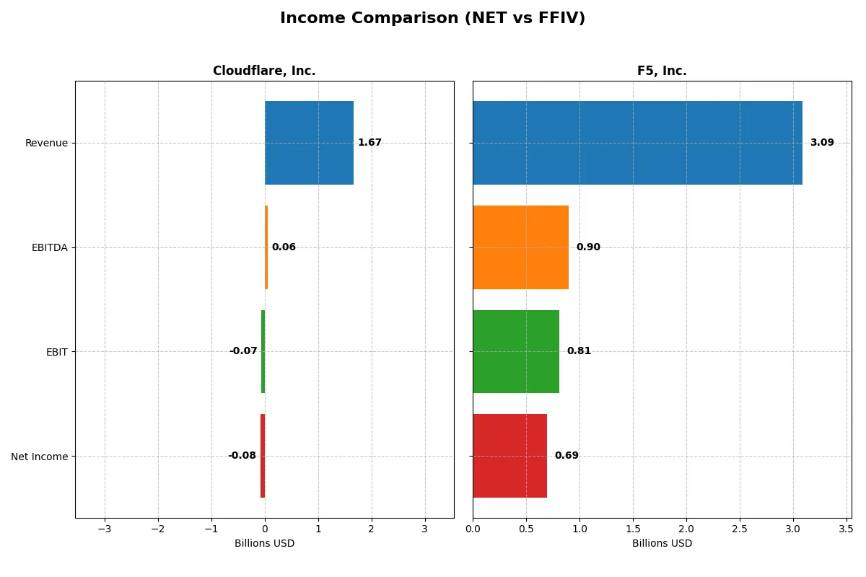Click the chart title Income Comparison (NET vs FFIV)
[432, 19]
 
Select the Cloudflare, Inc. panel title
[264, 71]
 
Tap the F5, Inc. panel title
[662, 71]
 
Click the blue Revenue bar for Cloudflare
[309, 143]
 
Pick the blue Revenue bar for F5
[637, 143]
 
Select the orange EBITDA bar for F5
[520, 247]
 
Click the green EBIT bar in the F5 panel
[516, 351]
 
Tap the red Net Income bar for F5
[509, 456]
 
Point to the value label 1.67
[369, 143]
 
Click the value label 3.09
[821, 143]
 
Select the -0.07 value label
[243, 351]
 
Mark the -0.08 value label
[242, 456]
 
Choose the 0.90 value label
[587, 247]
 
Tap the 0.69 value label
[567, 456]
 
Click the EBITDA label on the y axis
[50, 247]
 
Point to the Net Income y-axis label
[40, 457]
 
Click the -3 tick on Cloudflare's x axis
[105, 529]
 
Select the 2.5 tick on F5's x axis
[740, 529]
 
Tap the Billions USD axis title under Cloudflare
[264, 544]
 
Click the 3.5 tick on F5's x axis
[846, 529]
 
